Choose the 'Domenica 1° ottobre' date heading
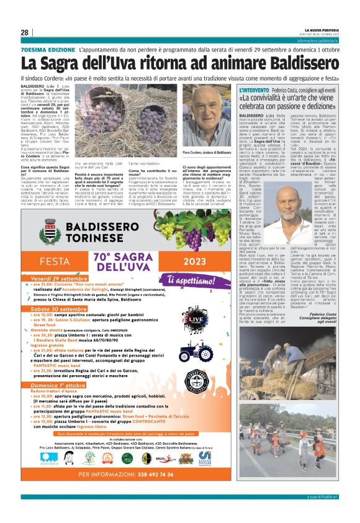pos(58,368)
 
